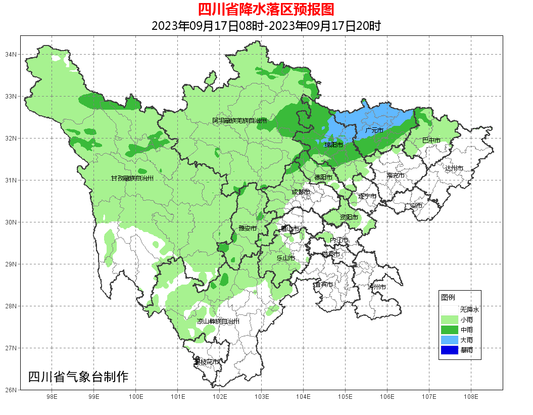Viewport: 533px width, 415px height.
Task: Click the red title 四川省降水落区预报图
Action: click(266, 10)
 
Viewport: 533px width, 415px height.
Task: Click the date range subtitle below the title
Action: click(266, 26)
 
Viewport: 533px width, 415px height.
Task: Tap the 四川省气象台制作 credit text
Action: click(78, 377)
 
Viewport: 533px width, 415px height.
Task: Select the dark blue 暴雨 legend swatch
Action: click(449, 349)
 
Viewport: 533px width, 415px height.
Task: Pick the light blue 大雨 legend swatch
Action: click(449, 340)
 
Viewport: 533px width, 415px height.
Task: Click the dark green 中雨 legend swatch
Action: click(449, 330)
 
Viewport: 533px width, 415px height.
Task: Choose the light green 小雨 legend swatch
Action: click(449, 320)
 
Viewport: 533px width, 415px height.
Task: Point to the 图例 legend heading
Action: click(448, 297)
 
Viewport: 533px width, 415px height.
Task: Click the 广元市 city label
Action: click(374, 130)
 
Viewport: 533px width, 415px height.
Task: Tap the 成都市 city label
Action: click(301, 192)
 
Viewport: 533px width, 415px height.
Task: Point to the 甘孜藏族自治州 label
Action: click(132, 178)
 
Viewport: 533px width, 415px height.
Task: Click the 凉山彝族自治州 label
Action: click(218, 321)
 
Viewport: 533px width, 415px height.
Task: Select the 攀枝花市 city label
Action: click(207, 362)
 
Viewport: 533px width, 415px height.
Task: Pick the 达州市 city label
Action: click(454, 168)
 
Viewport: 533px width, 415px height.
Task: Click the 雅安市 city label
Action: click(248, 228)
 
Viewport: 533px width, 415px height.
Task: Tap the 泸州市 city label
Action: click(377, 287)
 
